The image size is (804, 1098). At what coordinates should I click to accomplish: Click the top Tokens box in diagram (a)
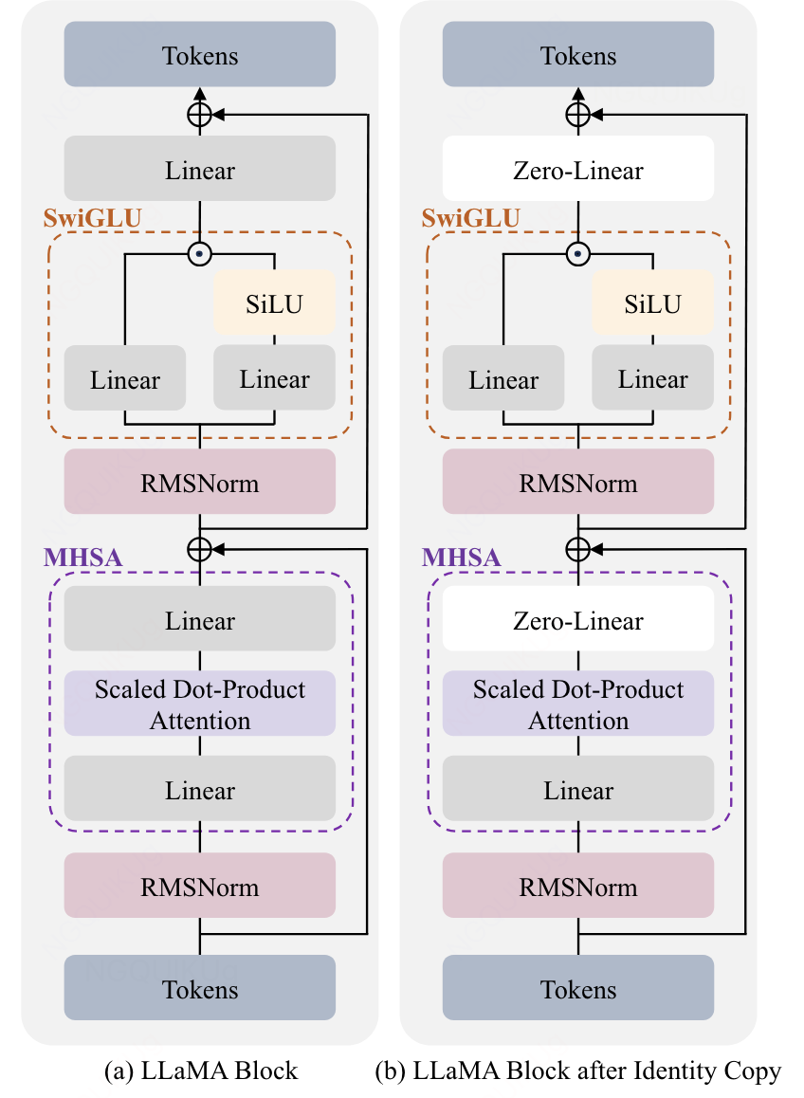click(200, 55)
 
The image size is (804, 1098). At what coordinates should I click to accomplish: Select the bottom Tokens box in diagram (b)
click(578, 988)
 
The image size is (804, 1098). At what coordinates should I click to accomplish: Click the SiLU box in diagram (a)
click(275, 303)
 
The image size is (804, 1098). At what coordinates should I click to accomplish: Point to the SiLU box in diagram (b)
click(653, 303)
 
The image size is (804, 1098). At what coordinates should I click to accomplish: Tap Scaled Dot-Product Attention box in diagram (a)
click(200, 704)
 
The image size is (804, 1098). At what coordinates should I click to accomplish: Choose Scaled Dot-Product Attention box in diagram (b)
click(578, 704)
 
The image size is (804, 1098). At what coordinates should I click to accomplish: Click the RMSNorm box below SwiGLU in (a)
click(200, 483)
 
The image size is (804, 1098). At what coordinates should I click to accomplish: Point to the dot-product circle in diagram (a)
click(199, 254)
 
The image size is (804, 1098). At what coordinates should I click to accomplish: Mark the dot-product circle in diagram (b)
click(577, 254)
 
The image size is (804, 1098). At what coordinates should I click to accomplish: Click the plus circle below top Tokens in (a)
click(199, 115)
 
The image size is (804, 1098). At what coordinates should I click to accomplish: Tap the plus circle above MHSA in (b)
click(577, 549)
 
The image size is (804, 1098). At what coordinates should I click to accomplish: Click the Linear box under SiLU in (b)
click(653, 378)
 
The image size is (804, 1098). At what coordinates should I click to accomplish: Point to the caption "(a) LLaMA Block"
click(200, 1071)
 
